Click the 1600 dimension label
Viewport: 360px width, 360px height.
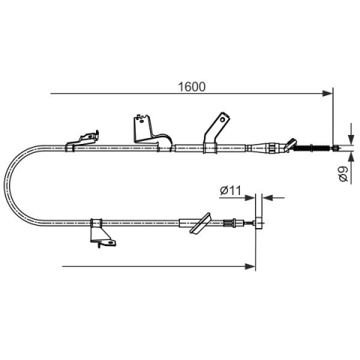191,87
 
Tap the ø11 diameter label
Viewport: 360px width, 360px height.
230,190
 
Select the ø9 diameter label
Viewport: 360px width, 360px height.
343,174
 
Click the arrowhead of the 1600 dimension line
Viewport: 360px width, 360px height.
328,94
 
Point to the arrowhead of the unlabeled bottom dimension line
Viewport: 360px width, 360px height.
250,266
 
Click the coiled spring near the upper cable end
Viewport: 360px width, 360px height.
313,148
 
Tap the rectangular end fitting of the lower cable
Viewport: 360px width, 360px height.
259,222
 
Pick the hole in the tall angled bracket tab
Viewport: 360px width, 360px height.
222,119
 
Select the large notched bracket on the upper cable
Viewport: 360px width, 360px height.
151,133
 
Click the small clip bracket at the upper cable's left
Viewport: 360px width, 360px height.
82,141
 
